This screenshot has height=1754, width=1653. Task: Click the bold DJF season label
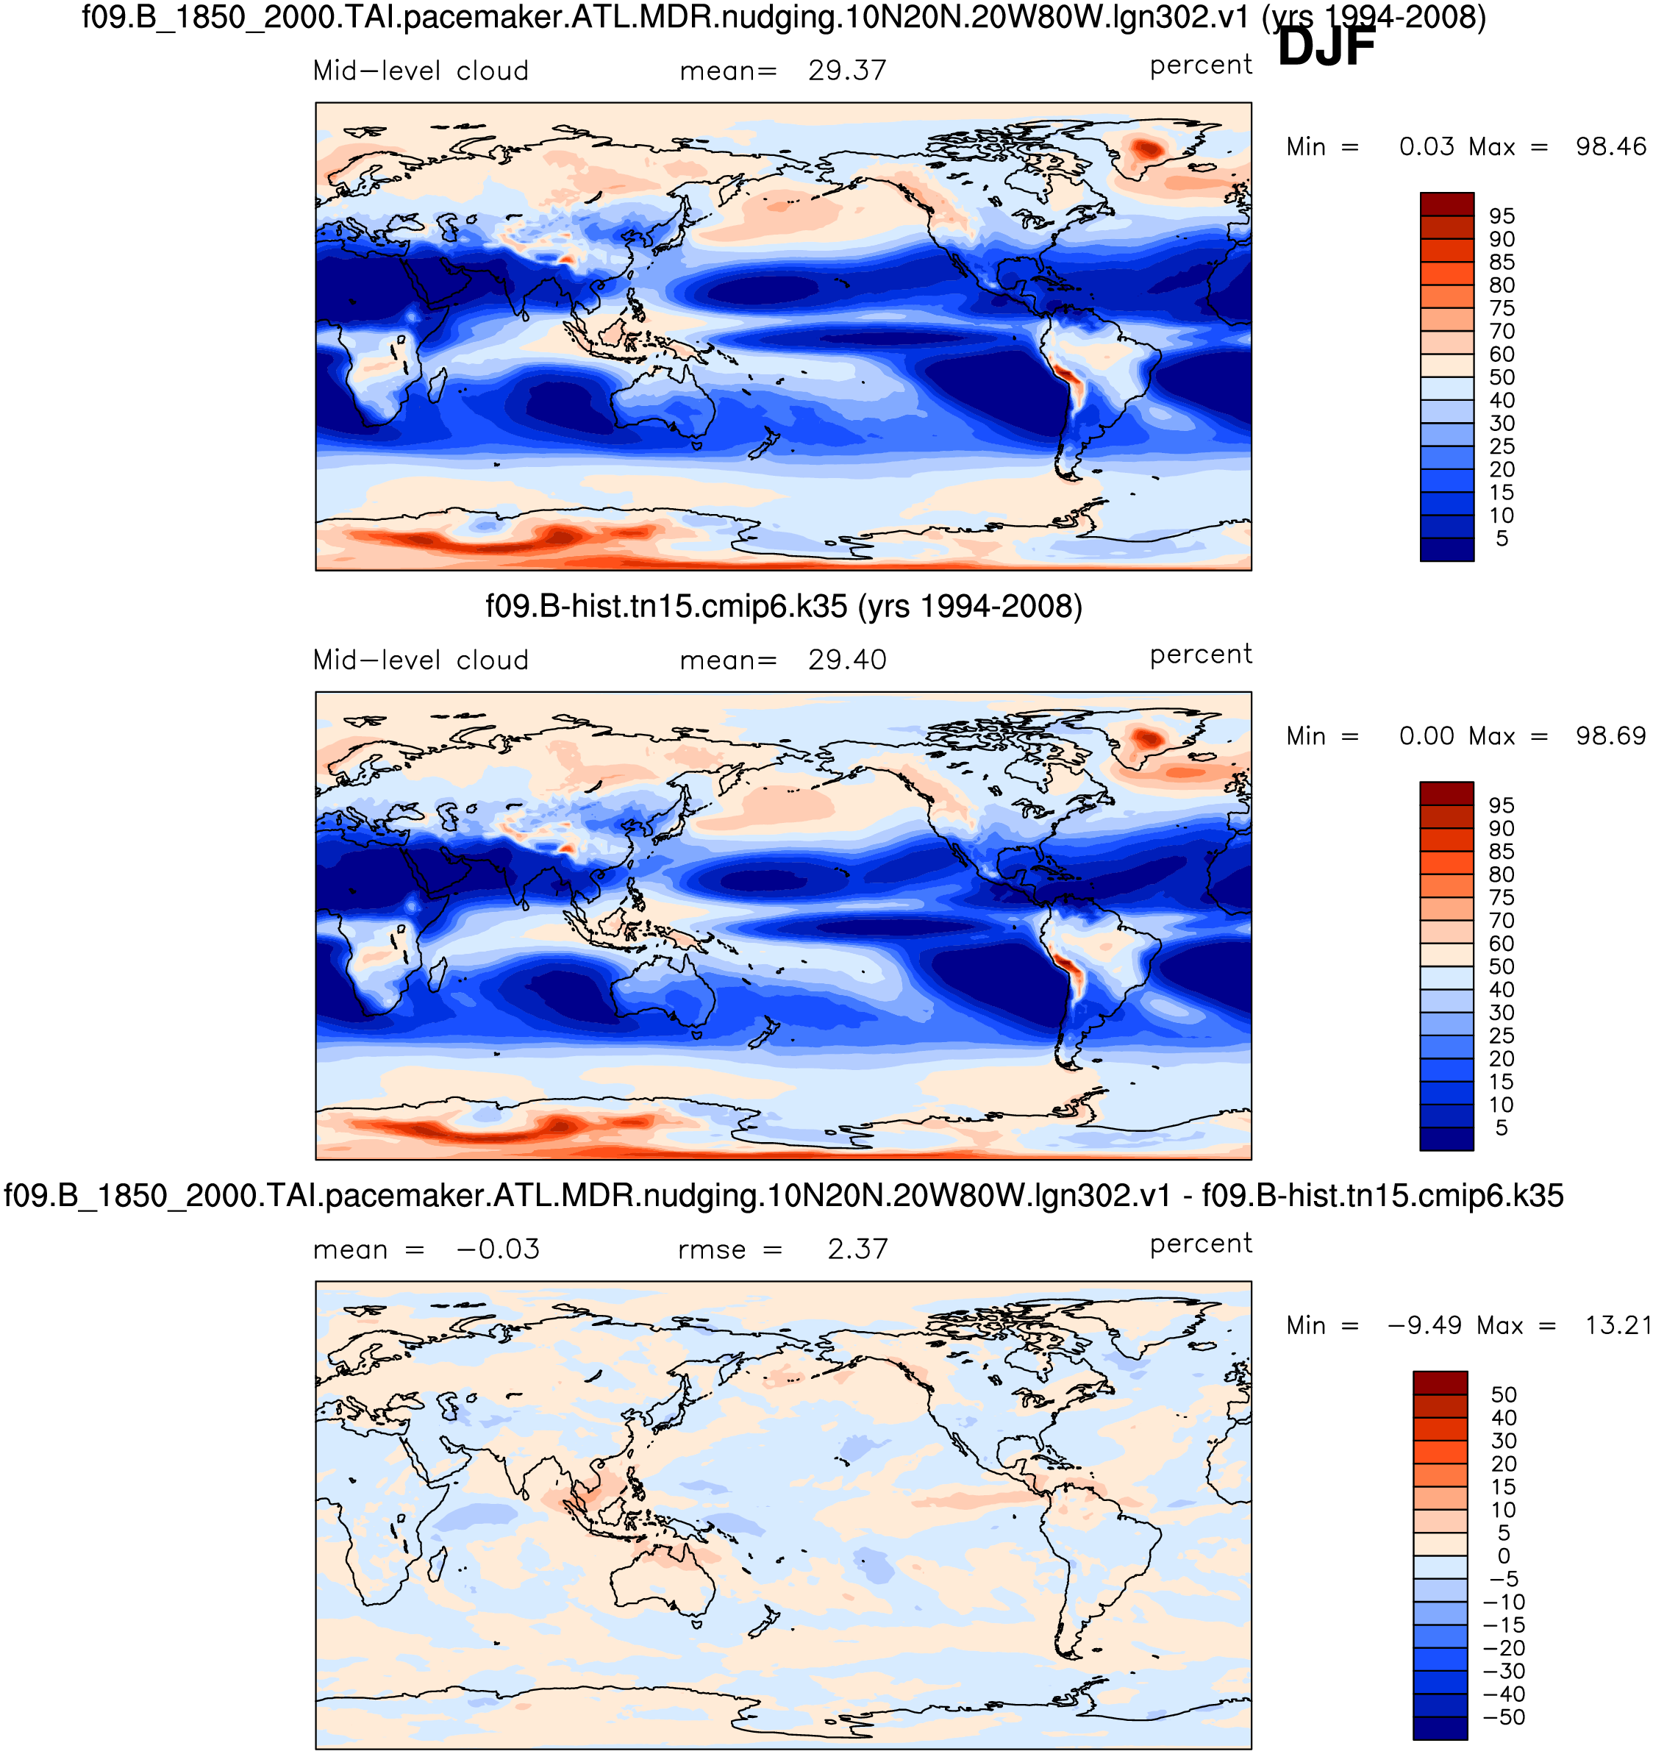1326,48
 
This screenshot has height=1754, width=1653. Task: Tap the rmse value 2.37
857,1249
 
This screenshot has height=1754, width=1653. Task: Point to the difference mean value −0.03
498,1249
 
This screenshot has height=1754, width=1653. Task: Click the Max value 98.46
1610,146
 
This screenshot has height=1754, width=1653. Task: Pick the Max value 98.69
1610,736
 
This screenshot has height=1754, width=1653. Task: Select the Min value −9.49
1423,1325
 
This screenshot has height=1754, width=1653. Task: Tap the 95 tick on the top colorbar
1502,216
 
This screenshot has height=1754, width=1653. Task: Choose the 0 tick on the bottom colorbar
1504,1555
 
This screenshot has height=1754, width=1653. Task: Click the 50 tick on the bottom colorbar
1504,1395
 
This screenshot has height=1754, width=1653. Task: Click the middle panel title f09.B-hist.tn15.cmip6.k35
783,607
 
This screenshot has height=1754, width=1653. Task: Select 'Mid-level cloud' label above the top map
421,71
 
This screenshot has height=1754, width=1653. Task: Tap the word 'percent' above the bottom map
1201,1244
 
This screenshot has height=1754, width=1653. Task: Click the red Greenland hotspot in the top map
1148,149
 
